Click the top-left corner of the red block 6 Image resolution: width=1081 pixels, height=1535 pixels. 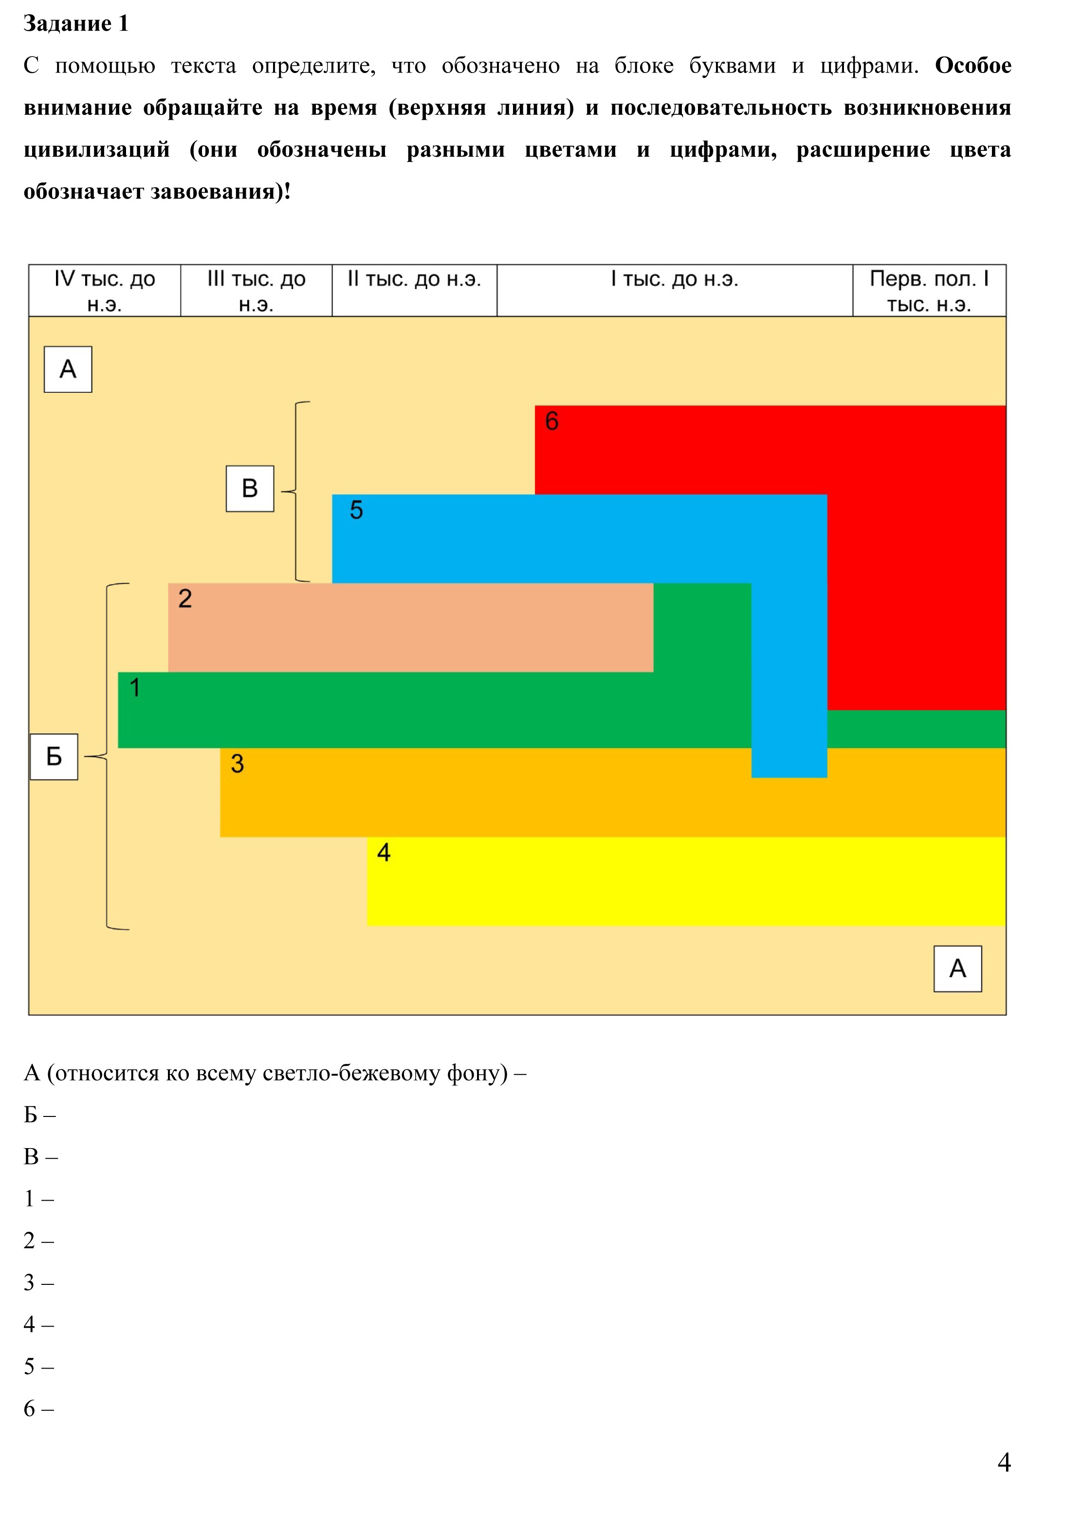(535, 406)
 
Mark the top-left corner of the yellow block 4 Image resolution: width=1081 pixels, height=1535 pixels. (367, 837)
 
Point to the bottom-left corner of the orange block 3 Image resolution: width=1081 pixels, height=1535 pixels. (220, 836)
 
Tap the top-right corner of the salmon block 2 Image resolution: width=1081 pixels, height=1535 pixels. (653, 584)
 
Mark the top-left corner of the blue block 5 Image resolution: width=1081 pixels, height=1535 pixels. (332, 495)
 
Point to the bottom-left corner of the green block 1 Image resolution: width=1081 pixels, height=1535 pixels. (118, 748)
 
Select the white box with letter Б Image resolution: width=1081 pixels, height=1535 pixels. (54, 757)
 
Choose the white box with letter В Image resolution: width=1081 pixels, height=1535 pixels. (250, 489)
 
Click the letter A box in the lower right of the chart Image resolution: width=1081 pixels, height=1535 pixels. (957, 969)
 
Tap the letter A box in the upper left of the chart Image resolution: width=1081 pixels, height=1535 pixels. (68, 369)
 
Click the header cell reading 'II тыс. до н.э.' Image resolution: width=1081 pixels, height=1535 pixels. (415, 290)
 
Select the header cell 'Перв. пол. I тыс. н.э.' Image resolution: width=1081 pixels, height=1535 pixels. (929, 290)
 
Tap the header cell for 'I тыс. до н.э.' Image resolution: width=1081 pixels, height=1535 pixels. (675, 290)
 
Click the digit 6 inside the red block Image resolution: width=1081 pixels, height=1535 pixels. (551, 421)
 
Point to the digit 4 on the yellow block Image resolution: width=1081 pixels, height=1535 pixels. (384, 852)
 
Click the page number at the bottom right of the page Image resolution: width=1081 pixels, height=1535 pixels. (1004, 1463)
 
